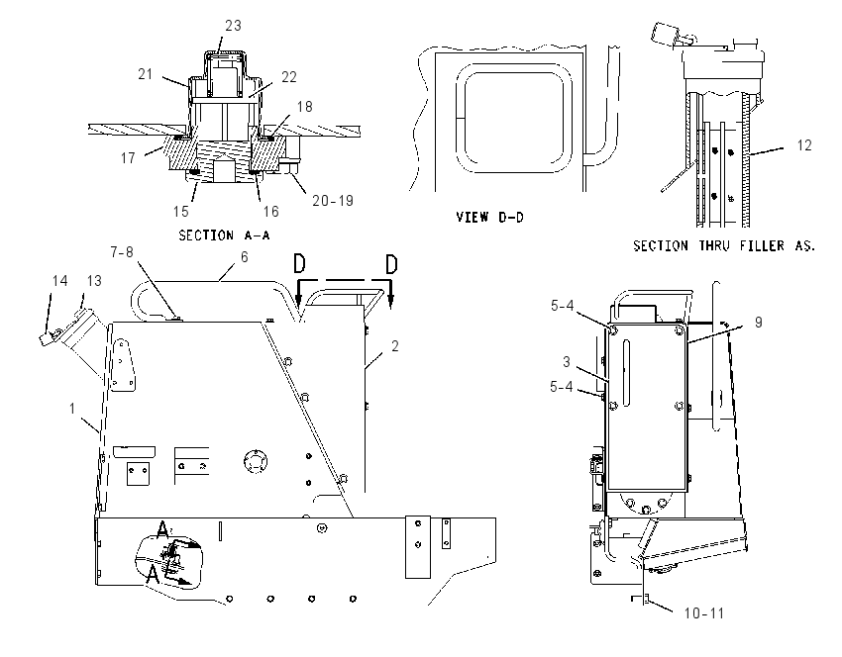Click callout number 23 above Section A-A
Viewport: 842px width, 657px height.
(233, 26)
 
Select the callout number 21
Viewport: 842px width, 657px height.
(146, 74)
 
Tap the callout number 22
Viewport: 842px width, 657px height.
(289, 77)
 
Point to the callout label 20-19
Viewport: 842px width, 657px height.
(333, 201)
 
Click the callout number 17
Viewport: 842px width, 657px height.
(128, 158)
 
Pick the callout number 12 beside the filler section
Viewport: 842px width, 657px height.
(804, 145)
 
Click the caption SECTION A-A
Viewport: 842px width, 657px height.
(224, 235)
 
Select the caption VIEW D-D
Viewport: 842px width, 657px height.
(489, 218)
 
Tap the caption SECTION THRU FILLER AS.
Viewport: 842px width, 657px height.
(724, 245)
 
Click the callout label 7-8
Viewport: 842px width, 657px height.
(122, 252)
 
